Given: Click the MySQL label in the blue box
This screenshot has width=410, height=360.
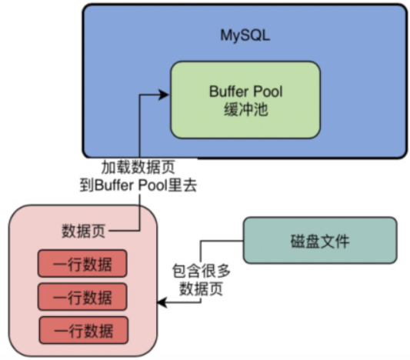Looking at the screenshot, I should (245, 35).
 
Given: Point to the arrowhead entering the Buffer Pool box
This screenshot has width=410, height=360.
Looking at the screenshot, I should (164, 94).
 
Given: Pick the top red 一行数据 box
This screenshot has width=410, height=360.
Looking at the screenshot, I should (82, 265).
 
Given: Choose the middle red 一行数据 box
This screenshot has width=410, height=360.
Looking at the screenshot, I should (82, 298).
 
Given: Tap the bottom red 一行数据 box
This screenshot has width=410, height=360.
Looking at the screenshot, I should (82, 330).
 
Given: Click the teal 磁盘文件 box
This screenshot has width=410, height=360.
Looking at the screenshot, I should (320, 241).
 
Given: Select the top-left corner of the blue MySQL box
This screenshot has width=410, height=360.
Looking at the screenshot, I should (85, 7).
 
